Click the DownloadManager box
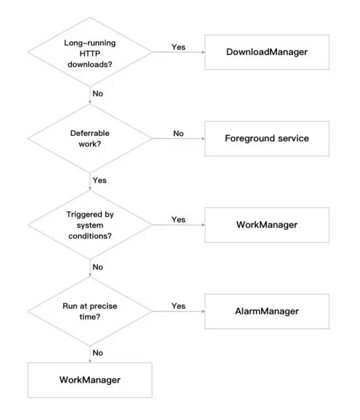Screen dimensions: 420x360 pyautogui.click(x=266, y=52)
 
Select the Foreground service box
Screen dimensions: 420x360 pyautogui.click(x=266, y=138)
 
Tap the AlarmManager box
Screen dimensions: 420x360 pyautogui.click(x=266, y=311)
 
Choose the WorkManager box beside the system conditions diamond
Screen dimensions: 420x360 pyautogui.click(x=266, y=225)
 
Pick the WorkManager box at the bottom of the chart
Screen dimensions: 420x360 pyautogui.click(x=90, y=379)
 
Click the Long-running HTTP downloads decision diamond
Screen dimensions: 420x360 pyautogui.click(x=90, y=52)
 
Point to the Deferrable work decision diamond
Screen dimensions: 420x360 pyautogui.click(x=90, y=138)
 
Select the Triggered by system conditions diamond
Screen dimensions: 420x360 pyautogui.click(x=90, y=225)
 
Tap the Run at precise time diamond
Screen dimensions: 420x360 pyautogui.click(x=90, y=311)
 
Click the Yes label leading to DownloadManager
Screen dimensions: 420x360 pyautogui.click(x=178, y=47)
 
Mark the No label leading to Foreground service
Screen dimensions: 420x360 pyautogui.click(x=178, y=133)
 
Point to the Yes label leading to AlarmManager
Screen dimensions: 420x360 pyautogui.click(x=178, y=306)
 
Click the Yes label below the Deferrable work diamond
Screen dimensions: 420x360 pyautogui.click(x=99, y=180)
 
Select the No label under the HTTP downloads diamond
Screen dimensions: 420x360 pyautogui.click(x=98, y=94)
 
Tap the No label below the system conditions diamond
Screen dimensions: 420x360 pyautogui.click(x=98, y=267)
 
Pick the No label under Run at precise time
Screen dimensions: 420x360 pyautogui.click(x=98, y=353)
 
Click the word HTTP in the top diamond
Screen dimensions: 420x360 pyautogui.click(x=90, y=52)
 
